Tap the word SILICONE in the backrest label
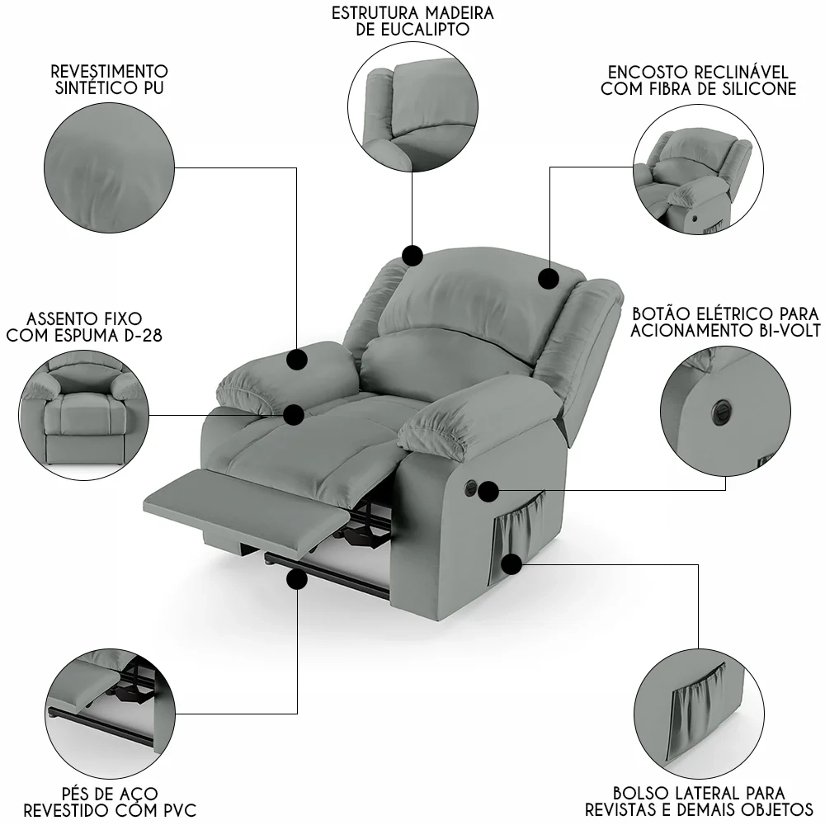(756, 89)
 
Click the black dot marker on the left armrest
(297, 359)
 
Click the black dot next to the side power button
(488, 493)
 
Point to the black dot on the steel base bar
(295, 580)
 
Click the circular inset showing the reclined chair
(695, 172)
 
